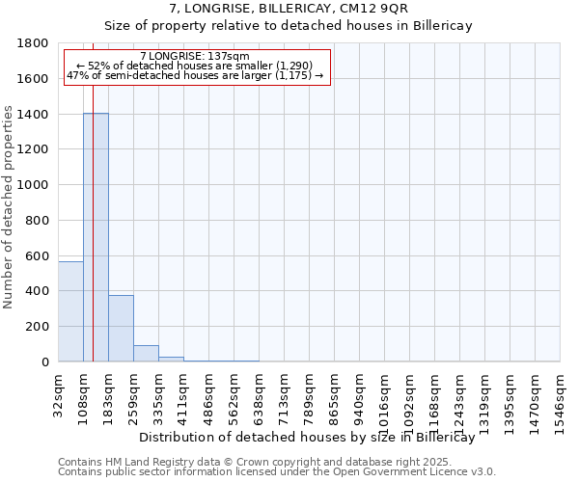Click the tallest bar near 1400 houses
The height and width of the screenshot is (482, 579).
(x=96, y=237)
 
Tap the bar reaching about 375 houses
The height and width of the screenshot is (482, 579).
(x=121, y=329)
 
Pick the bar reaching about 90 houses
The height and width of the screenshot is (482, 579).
(x=146, y=354)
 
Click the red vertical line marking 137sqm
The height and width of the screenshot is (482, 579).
(x=93, y=241)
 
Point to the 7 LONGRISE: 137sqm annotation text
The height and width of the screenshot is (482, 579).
(x=194, y=57)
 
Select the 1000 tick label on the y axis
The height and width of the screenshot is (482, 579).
(x=34, y=185)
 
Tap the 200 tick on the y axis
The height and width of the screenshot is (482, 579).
(x=38, y=327)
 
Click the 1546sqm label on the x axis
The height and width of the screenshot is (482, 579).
(x=561, y=391)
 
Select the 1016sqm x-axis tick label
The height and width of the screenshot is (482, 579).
(x=384, y=391)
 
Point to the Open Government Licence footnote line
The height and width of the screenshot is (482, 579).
(x=277, y=472)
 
